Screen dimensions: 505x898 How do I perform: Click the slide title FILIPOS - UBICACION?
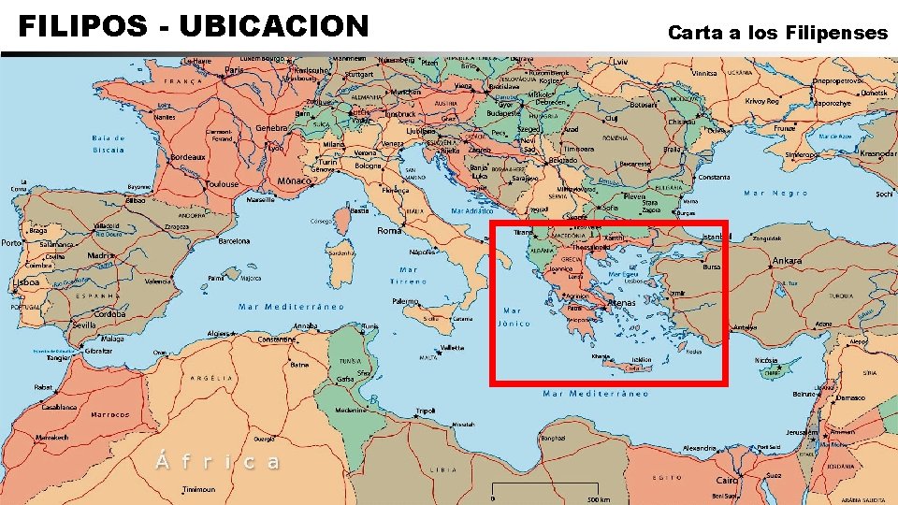(194, 25)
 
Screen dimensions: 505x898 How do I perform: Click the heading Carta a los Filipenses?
(777, 33)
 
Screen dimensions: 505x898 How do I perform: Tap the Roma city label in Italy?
(389, 230)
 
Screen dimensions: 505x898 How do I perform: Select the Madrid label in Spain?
(102, 254)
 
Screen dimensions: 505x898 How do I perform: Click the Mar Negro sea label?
(775, 193)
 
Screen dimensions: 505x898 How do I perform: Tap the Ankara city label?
(787, 260)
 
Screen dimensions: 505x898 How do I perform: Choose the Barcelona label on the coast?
(234, 240)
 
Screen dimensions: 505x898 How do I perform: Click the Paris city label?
(235, 69)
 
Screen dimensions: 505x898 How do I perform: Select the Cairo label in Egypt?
(727, 480)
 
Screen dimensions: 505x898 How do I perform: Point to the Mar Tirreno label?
(409, 275)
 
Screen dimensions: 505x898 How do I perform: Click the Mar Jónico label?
(514, 317)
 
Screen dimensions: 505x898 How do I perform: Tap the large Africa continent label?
(216, 461)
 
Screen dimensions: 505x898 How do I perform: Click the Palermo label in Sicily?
(405, 301)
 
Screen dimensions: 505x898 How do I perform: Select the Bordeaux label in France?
(188, 157)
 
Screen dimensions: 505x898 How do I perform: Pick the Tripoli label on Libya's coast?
(426, 411)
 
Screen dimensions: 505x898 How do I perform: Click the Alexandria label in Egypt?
(700, 448)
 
